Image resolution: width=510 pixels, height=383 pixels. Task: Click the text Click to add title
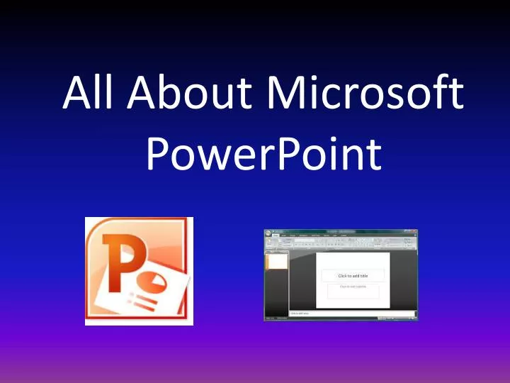tap(353, 276)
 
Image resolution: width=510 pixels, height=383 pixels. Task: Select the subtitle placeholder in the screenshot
tap(353, 290)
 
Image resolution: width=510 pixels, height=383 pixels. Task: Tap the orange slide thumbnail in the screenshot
tap(276, 262)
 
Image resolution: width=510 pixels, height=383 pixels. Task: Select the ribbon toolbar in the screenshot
tap(340, 240)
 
